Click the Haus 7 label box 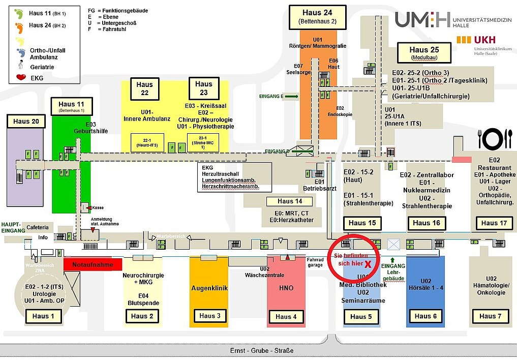pyautogui.click(x=491, y=316)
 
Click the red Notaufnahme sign pyautogui.click(x=93, y=264)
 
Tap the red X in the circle pyautogui.click(x=367, y=264)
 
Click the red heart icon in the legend pyautogui.click(x=21, y=78)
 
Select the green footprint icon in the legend pyautogui.click(x=19, y=13)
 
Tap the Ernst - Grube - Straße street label pyautogui.click(x=262, y=351)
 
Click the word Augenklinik pyautogui.click(x=209, y=288)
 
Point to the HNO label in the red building pyautogui.click(x=286, y=288)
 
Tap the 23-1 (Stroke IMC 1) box pyautogui.click(x=202, y=142)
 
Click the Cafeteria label pyautogui.click(x=38, y=227)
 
